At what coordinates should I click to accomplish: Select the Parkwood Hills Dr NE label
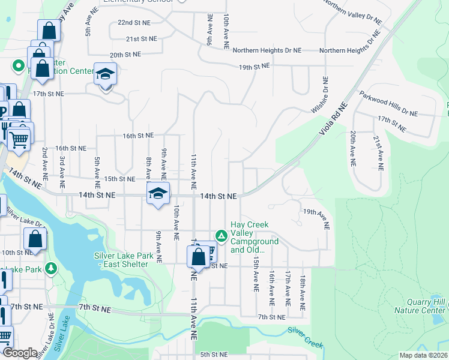coord(388,104)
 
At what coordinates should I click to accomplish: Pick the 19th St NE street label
coord(255,66)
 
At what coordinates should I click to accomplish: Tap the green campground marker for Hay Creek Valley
coord(221,236)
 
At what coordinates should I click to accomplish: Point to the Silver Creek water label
coord(305,337)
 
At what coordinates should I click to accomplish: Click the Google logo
coord(20,353)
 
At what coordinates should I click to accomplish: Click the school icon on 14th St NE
coord(158,193)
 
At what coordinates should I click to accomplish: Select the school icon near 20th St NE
coord(105,74)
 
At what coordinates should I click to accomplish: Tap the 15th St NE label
coord(119,179)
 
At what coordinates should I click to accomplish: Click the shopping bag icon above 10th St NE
coord(36,239)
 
